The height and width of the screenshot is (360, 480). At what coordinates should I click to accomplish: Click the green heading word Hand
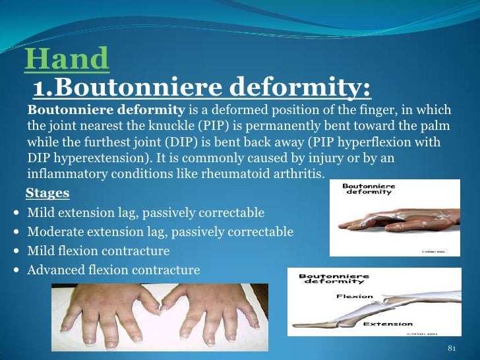67,60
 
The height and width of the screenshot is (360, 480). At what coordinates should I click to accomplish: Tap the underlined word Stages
47,194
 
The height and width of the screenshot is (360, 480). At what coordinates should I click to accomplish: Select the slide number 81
452,348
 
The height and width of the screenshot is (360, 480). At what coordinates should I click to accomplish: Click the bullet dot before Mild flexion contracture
15,252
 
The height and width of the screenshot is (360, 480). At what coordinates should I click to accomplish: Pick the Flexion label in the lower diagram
354,297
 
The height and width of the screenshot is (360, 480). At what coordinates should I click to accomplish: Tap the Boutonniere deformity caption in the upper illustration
369,189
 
